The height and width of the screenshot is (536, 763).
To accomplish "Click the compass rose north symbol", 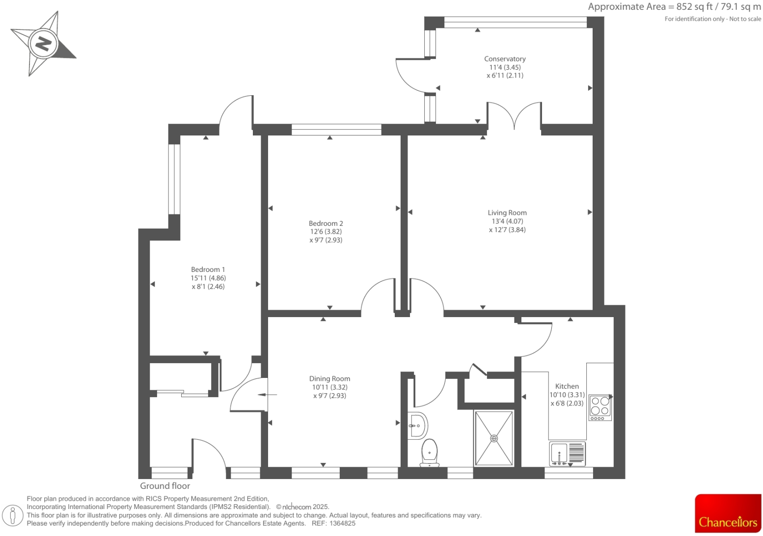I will coord(43,44).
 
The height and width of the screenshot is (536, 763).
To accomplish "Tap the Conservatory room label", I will coord(505,59).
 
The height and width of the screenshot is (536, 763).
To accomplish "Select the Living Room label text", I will coord(507,213).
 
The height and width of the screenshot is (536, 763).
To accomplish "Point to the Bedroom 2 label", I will coord(326,223).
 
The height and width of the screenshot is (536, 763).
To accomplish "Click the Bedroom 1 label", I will coord(208,269).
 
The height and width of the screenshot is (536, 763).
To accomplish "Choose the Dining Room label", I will coord(329,378).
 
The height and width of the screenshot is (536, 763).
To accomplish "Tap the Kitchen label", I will coord(567,386).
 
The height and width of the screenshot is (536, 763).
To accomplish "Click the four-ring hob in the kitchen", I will coord(599,407).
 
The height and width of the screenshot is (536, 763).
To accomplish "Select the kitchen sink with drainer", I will coord(567,454).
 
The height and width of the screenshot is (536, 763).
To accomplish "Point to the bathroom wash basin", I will coord(417,425).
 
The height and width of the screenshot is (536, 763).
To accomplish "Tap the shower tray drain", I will coord(494,438).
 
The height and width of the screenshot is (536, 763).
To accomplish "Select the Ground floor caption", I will coord(165,486).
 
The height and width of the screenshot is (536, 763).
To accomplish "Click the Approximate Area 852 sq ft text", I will coord(674,7).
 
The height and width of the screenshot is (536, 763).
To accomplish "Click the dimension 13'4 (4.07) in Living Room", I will coord(507,221).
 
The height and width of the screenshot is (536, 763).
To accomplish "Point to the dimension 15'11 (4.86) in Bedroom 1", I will coord(208,278).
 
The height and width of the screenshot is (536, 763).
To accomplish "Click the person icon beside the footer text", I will coord(13,515).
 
